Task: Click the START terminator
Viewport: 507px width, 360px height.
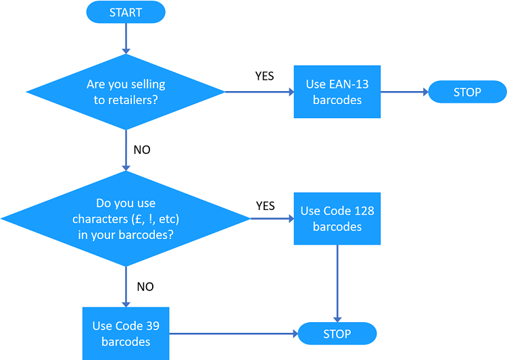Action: pos(126,11)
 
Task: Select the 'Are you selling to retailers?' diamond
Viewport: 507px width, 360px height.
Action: pos(126,92)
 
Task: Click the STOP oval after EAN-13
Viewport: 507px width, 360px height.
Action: pos(467,92)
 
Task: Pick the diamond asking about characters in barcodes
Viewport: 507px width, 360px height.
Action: pos(126,219)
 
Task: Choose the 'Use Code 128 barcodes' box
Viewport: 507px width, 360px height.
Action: pos(337,219)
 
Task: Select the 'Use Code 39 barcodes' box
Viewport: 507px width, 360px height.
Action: pos(126,334)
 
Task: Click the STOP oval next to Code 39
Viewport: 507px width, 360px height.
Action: pos(337,334)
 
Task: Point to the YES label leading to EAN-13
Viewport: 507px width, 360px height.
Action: pos(264,76)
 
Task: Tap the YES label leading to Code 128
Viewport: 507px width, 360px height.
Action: pos(265,205)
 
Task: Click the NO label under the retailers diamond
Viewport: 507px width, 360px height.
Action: pos(142,150)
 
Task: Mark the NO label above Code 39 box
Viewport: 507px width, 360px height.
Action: pos(145,286)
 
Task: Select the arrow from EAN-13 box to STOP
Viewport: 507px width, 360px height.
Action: pos(404,92)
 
